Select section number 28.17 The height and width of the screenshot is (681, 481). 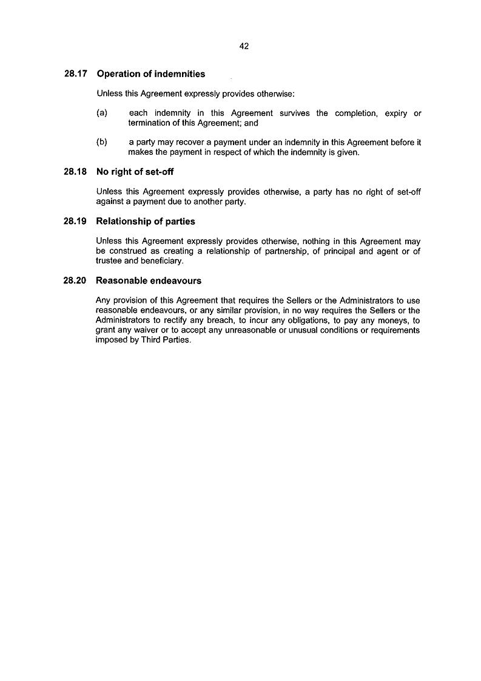click(x=75, y=74)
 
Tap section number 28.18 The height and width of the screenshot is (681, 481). click(x=75, y=172)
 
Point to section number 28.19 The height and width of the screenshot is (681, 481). click(x=75, y=222)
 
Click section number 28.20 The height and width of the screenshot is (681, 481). click(x=75, y=281)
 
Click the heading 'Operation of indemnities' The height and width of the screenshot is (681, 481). click(x=151, y=74)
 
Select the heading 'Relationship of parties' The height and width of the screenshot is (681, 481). click(x=146, y=222)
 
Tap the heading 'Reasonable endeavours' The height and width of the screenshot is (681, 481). click(x=149, y=281)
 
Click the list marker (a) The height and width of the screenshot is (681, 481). click(x=102, y=113)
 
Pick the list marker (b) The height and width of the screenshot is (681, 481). click(x=102, y=143)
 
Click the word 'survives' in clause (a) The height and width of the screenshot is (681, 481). click(x=295, y=113)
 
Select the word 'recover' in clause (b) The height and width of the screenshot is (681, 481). click(x=180, y=143)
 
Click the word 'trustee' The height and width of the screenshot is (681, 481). click(x=109, y=262)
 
